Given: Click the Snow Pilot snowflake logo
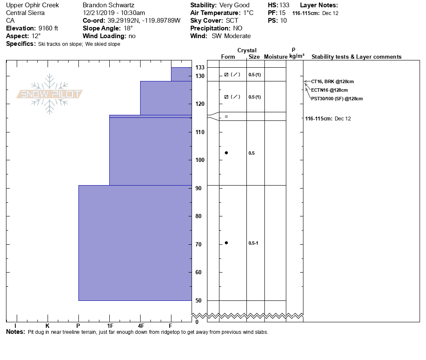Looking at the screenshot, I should point(50,94).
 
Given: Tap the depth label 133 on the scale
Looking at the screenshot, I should point(200,68).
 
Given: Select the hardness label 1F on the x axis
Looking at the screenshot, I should point(110,326).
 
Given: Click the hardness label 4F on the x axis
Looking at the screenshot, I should point(141,326).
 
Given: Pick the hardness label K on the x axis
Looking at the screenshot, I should point(48,326).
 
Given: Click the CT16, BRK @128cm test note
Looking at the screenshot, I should point(332,81).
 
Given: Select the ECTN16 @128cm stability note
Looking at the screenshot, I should point(329,90).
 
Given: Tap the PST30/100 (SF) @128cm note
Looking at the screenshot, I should point(337,99).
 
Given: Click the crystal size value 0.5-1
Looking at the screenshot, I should point(253,243).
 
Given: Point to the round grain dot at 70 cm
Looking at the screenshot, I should point(226,243).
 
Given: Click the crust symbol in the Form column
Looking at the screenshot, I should point(226,117).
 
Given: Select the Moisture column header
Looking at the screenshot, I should point(275,57).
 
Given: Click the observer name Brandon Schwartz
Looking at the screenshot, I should point(108,5).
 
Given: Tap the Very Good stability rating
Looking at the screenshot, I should point(234,5).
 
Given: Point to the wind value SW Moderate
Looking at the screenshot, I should point(231,36).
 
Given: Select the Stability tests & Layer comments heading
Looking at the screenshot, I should point(356,57).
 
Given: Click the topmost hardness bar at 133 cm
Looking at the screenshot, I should point(181,74).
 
